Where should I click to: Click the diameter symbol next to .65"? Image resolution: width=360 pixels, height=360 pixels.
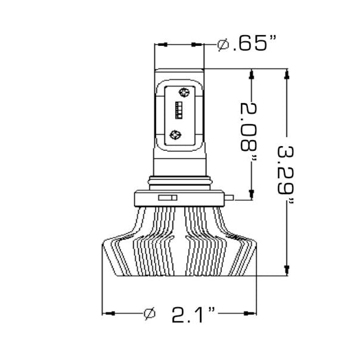(x=224, y=45)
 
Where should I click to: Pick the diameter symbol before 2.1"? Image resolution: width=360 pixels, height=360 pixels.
(x=150, y=314)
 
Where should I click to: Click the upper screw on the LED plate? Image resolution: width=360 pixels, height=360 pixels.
(x=183, y=92)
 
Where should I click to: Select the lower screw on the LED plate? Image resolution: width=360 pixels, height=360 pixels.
(x=176, y=134)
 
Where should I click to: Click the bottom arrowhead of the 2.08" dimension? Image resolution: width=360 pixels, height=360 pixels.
(x=252, y=194)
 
